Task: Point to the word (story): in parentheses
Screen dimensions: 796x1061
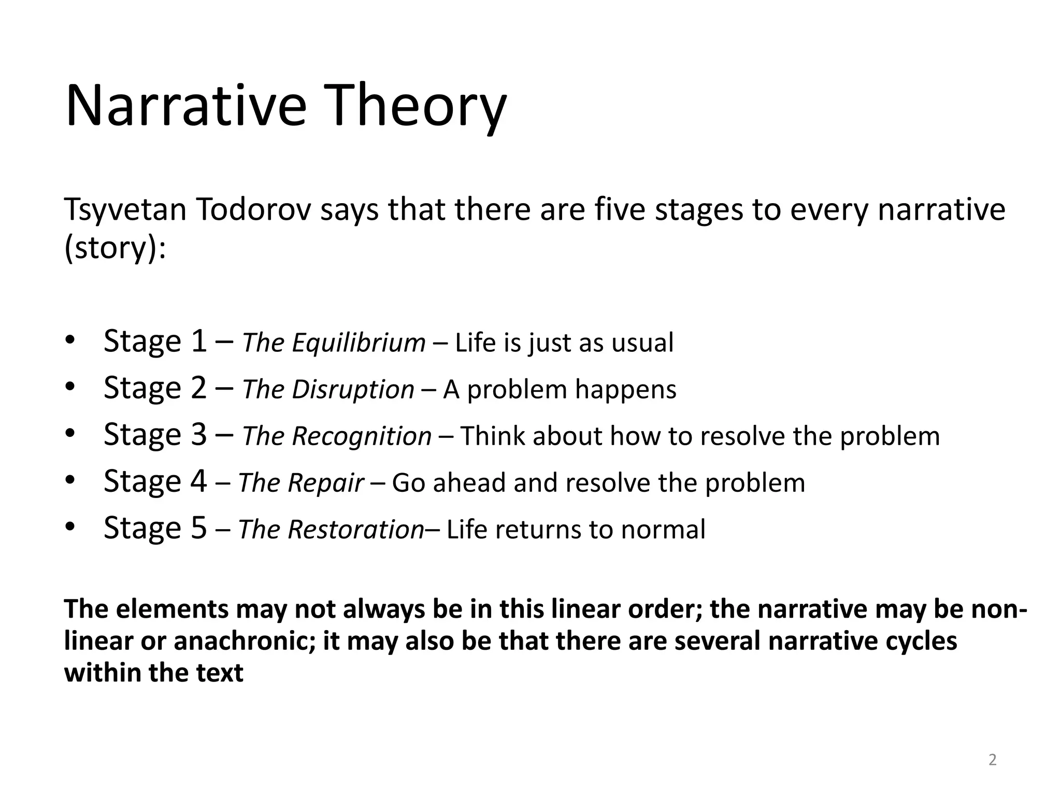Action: click(x=115, y=248)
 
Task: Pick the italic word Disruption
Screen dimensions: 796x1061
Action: click(x=353, y=390)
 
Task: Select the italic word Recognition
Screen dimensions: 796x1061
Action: click(x=362, y=436)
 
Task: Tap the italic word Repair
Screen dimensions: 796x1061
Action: click(x=326, y=483)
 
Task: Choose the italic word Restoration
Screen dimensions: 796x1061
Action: click(x=356, y=530)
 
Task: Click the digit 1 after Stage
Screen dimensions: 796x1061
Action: click(x=198, y=342)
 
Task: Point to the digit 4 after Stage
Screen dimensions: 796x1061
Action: click(x=198, y=481)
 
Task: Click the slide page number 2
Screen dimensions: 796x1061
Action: click(x=992, y=760)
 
